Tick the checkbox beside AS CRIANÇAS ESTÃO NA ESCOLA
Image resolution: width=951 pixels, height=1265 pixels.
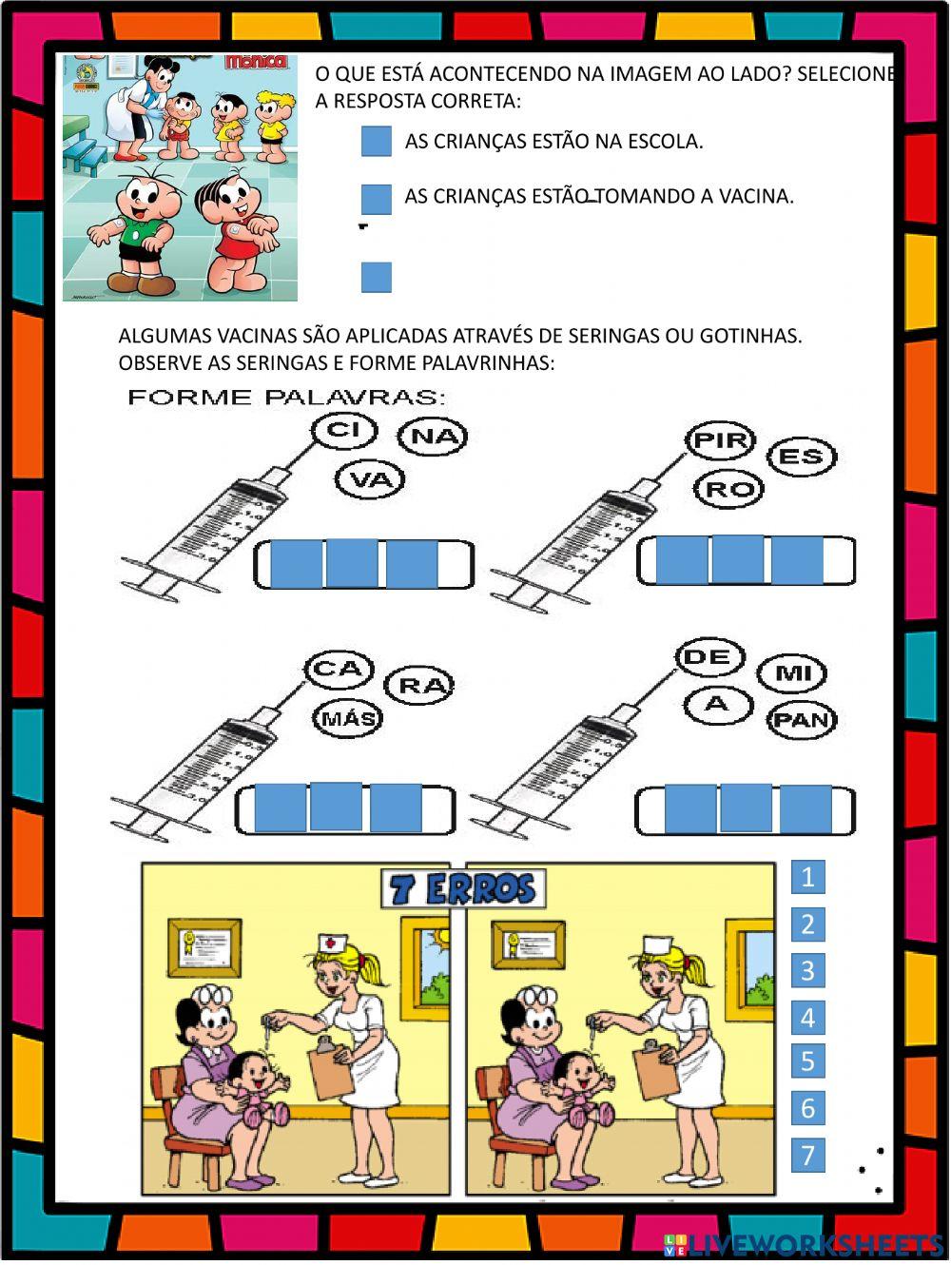377,142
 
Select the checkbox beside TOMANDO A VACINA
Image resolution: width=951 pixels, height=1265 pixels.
377,199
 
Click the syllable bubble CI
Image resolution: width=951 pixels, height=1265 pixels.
344,431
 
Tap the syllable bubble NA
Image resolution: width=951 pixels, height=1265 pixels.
434,437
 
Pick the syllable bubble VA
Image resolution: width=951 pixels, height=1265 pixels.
371,479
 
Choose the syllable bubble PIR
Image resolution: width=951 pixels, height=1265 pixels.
720,440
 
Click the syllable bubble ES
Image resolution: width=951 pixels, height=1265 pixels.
800,457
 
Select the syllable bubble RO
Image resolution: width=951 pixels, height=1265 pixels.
729,490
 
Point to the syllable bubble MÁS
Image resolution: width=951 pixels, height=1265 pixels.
348,717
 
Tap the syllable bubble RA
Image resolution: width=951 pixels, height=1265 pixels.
420,685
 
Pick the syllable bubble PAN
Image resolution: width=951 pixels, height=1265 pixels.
802,719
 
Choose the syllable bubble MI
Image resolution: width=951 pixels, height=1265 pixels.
794,673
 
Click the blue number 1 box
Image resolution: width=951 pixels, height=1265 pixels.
807,876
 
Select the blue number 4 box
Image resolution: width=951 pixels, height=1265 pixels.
807,1018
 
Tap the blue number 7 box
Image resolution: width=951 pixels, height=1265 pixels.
807,1155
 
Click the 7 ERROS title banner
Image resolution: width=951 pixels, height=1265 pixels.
463,888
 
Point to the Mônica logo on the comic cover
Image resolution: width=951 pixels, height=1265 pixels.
255,62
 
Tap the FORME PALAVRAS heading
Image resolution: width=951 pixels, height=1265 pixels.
286,397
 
